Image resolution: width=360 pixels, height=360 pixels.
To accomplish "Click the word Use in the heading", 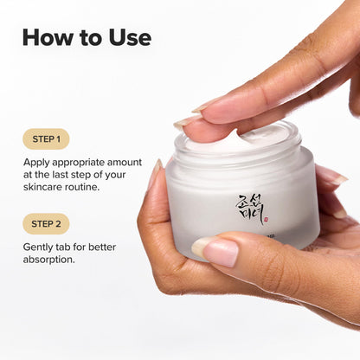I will click(x=128, y=37).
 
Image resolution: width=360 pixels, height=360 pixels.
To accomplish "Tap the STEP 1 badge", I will click(x=45, y=138).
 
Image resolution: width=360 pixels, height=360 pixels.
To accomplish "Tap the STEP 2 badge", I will click(x=45, y=224).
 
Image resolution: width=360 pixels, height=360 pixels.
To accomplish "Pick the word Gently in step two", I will click(x=40, y=247).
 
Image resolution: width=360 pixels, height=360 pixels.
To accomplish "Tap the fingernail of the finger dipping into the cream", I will click(x=189, y=120).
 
